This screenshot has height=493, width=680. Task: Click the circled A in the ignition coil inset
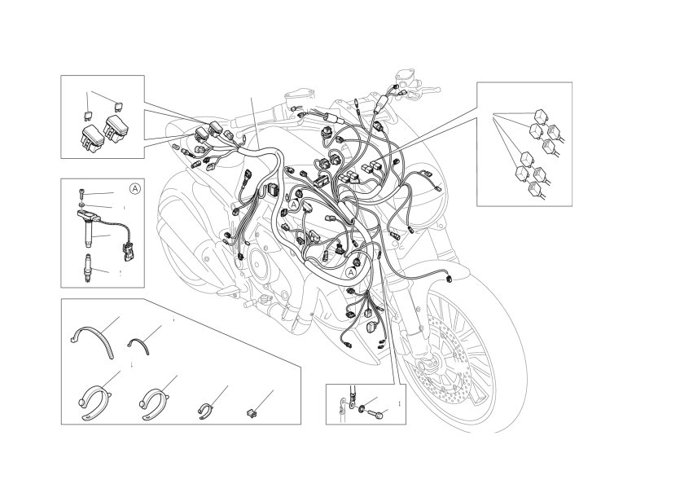[x=135, y=189]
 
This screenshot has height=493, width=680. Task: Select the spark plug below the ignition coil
[x=88, y=269]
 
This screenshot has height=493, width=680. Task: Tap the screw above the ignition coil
[x=82, y=192]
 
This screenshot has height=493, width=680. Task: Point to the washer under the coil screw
[x=82, y=204]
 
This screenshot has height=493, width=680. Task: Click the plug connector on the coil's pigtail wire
[x=129, y=253]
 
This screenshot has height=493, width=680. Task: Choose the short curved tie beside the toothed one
[x=139, y=345]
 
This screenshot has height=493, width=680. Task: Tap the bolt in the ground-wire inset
[x=376, y=415]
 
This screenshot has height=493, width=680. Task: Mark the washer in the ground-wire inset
[x=362, y=408]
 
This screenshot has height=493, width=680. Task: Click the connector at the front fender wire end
[x=450, y=277]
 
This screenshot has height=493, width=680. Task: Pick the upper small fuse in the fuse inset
[x=117, y=105]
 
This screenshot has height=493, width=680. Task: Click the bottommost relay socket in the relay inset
[x=535, y=190]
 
